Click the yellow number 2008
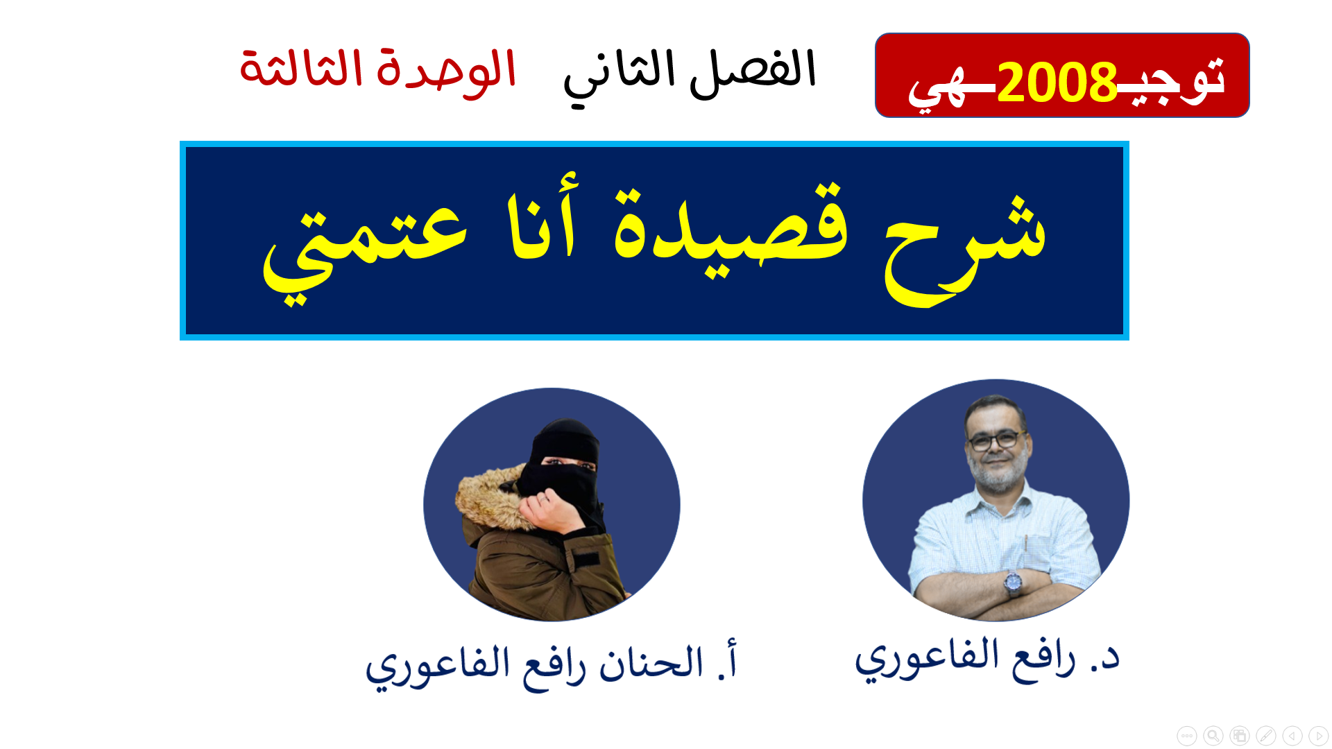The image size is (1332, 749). pyautogui.click(x=1057, y=83)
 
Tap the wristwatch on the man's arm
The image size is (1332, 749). pyautogui.click(x=1014, y=582)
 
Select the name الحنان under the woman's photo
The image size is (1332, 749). pyautogui.click(x=651, y=662)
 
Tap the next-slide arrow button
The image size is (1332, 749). pyautogui.click(x=1318, y=735)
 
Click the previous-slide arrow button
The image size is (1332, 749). pyautogui.click(x=1292, y=735)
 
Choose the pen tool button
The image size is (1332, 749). pyautogui.click(x=1265, y=735)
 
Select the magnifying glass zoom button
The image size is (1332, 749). pyautogui.click(x=1213, y=735)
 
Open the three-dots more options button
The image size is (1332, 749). pyautogui.click(x=1186, y=735)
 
